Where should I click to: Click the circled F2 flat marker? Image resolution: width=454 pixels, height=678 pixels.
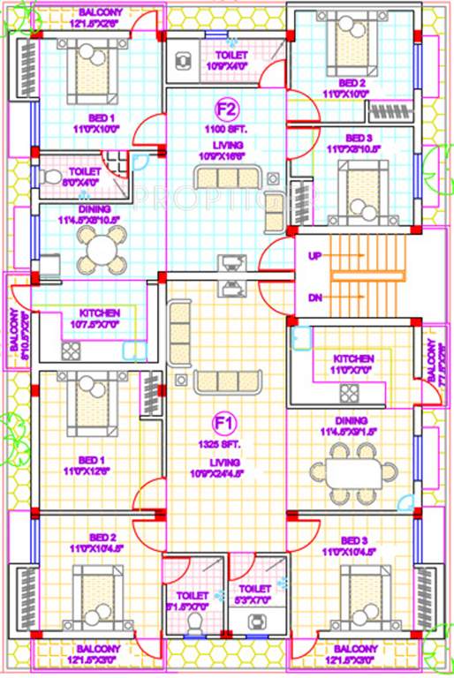point(227,110)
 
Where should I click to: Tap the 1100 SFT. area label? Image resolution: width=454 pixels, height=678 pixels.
point(227,129)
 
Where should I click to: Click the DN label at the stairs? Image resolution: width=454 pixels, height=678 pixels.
point(315,298)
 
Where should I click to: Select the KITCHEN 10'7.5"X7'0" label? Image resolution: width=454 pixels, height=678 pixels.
point(100,319)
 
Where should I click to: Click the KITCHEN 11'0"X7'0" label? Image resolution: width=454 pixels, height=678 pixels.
point(353,365)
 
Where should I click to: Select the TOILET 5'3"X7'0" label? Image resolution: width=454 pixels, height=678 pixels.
point(253,593)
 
